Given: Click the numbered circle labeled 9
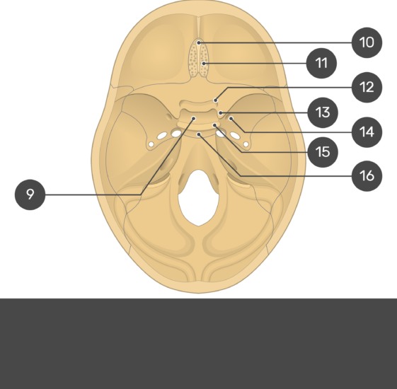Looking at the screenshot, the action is click(30, 194).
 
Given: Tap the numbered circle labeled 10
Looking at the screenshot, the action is click(367, 42).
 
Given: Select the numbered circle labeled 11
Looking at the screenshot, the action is click(321, 63).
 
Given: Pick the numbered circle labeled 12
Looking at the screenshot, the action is click(367, 87).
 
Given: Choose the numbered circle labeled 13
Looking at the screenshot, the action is click(323, 112).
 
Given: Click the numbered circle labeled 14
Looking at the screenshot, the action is click(367, 132).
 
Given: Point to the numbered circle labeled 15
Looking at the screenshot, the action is click(323, 152).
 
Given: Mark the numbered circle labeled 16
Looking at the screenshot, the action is click(367, 175).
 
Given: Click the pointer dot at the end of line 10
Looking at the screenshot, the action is click(199, 43).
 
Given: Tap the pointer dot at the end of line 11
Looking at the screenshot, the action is click(203, 63).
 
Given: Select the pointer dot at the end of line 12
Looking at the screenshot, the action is click(215, 100).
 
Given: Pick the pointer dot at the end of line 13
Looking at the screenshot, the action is click(221, 112).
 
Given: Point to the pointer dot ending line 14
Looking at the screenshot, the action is click(231, 118).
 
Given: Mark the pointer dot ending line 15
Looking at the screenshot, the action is click(214, 125).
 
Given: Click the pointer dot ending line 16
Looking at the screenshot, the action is click(199, 134).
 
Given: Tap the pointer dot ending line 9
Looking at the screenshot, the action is click(194, 118).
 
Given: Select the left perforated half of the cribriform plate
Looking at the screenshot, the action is click(194, 59).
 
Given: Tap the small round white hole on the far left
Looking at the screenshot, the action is click(151, 144).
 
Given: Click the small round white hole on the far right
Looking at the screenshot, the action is click(246, 144).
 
